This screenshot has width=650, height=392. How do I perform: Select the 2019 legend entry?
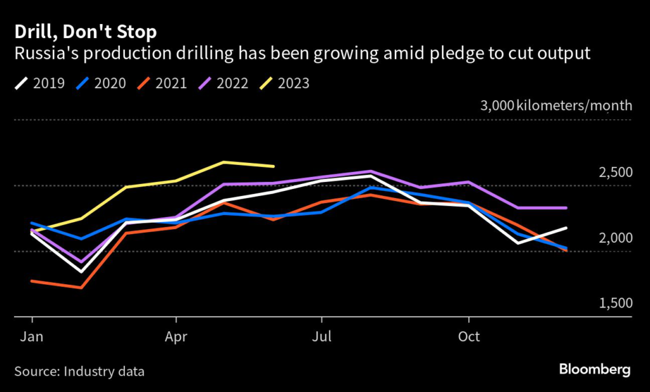pyautogui.click(x=40, y=82)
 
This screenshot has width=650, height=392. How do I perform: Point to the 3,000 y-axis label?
pyautogui.click(x=497, y=105)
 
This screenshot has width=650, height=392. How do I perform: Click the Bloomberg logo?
pyautogui.click(x=594, y=369)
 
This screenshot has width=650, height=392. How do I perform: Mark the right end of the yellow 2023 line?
pyautogui.click(x=273, y=166)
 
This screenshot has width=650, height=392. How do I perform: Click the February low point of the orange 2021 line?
pyautogui.click(x=80, y=287)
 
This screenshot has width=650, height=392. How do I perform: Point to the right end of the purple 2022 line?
pyautogui.click(x=566, y=207)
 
